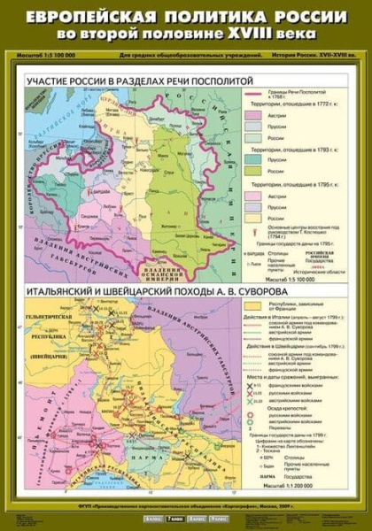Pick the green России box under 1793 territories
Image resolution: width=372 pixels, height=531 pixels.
click(x=258, y=172)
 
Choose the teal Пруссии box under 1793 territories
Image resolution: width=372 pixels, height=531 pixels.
click(x=258, y=159)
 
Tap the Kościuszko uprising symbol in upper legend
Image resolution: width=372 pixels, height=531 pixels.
click(x=258, y=229)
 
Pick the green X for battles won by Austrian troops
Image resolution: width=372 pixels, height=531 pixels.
click(x=258, y=402)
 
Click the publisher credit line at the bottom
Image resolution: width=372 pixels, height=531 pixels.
click(x=185, y=501)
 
